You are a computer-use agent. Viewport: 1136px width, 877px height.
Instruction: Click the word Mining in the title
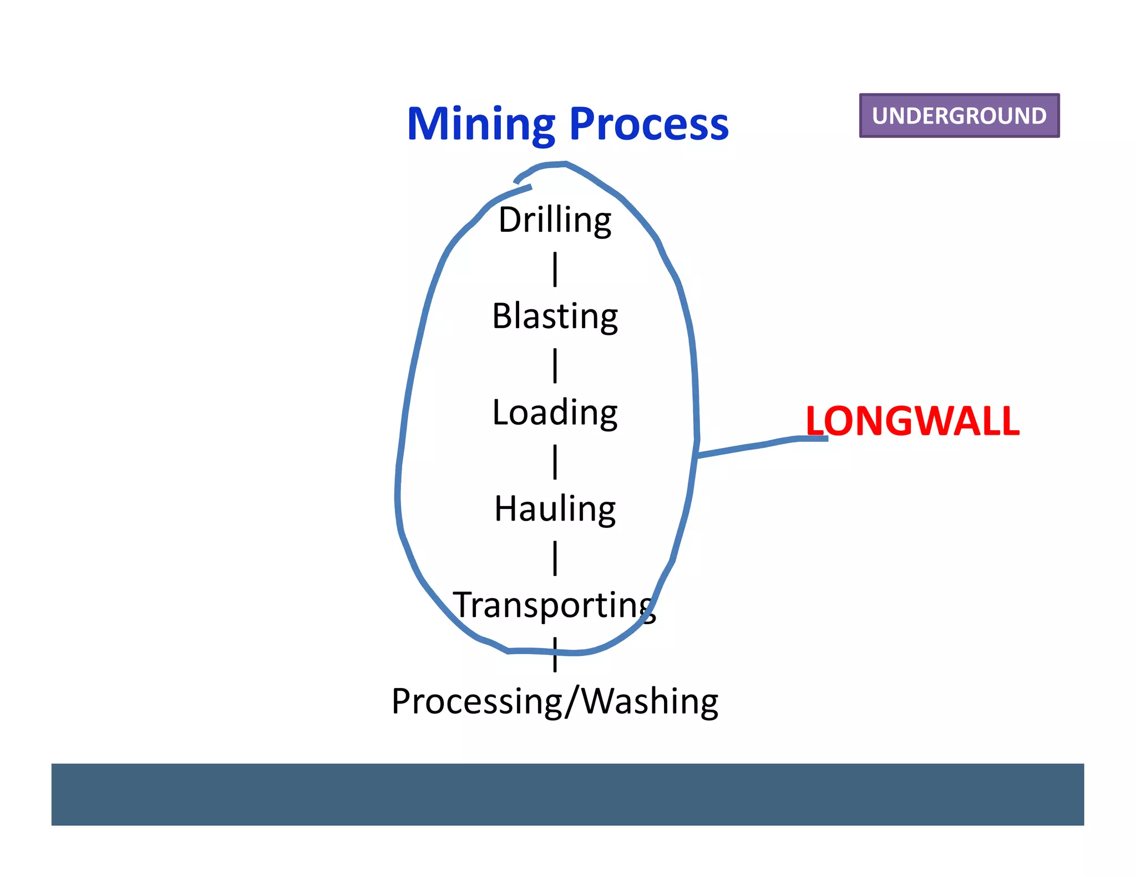[x=480, y=125]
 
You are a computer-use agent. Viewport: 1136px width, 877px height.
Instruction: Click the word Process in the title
[x=648, y=125]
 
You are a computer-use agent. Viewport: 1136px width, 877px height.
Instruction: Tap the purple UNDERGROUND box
[x=959, y=115]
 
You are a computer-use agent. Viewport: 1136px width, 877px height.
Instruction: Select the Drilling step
[x=555, y=220]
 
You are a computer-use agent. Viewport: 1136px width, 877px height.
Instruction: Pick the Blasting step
[x=555, y=317]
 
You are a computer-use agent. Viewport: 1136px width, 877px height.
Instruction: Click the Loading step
[x=555, y=413]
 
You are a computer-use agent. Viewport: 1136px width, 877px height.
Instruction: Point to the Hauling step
[x=555, y=509]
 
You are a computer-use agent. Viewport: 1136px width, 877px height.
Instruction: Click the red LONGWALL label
[x=912, y=421]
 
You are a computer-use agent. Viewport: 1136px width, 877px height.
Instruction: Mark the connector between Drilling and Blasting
[x=555, y=269]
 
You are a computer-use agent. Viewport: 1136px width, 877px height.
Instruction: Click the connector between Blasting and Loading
[x=555, y=365]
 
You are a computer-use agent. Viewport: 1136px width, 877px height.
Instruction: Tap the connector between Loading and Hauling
[x=555, y=462]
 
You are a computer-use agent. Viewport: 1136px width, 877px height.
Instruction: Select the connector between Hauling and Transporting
[x=555, y=558]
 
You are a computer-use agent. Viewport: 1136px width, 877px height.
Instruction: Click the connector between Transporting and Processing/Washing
[x=555, y=655]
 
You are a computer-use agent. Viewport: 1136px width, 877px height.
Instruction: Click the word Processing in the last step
[x=478, y=702]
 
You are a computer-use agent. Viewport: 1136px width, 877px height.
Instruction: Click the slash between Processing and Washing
[x=573, y=702]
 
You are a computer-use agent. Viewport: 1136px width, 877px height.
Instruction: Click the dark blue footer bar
[x=567, y=794]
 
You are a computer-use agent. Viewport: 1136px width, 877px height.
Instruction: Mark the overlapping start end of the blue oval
[x=522, y=183]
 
